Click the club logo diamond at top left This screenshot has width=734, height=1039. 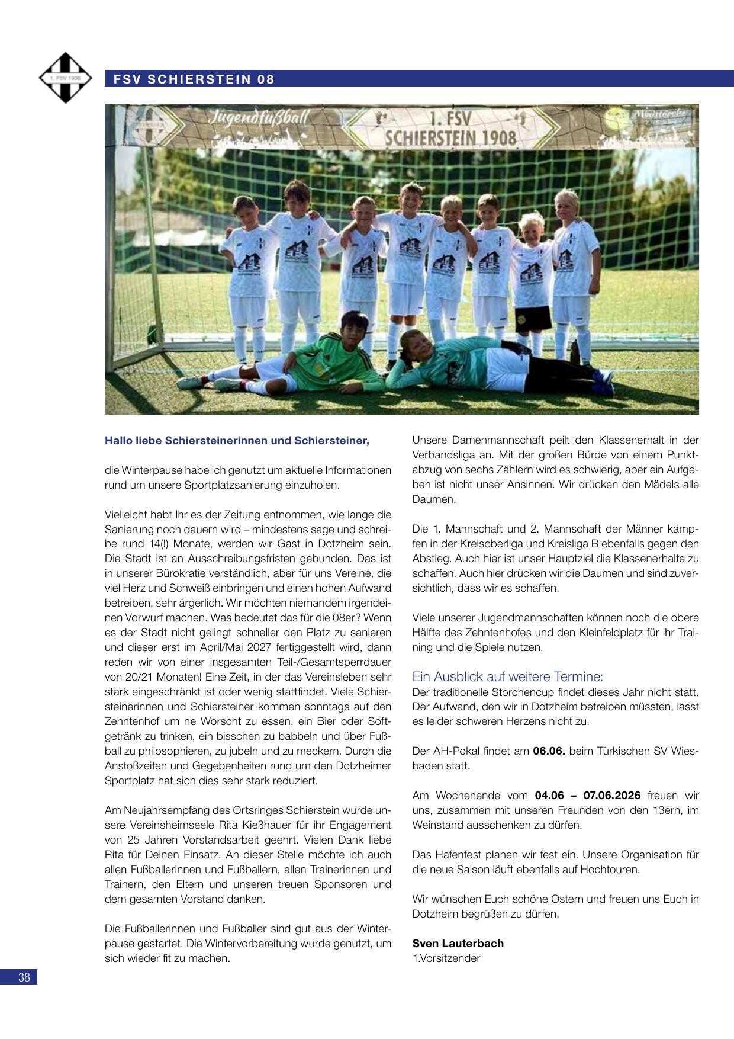65,78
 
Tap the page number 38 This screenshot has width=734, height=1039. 24,977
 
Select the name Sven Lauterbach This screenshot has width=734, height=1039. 458,943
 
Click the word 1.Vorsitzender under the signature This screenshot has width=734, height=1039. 446,958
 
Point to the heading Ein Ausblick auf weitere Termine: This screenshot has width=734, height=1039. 507,676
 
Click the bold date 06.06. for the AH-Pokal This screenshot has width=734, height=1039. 549,751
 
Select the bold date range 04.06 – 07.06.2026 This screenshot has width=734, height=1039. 587,795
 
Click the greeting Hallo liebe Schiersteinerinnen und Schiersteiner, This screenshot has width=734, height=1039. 237,441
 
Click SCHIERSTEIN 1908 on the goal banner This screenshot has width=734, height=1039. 451,138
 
